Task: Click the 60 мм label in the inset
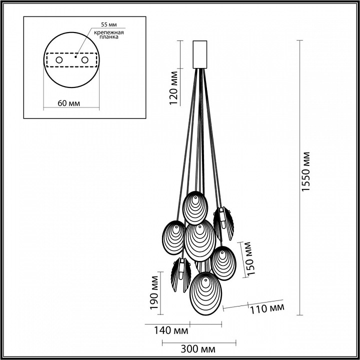point(69,103)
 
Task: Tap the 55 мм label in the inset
point(108,24)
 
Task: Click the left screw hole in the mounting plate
point(58,60)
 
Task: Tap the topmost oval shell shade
point(194,207)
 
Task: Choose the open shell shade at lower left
point(179,276)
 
